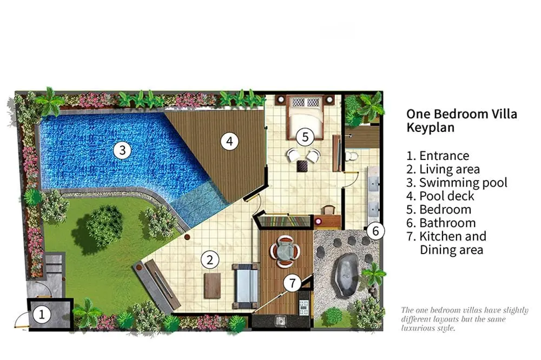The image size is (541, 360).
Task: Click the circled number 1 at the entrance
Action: pos(42,315)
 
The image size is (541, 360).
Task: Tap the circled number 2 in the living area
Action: pos(210,259)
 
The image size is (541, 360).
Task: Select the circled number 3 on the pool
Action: pos(122,150)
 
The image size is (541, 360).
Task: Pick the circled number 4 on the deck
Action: pos(229,141)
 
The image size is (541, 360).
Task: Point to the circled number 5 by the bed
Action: pos(305,137)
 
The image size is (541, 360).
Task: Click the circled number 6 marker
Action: pos(375,231)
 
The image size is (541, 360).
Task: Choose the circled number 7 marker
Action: pos(292,283)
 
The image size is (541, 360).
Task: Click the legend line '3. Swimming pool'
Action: pos(457,182)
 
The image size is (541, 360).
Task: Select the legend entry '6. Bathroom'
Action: pos(441,223)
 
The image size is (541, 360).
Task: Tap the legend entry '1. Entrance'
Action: pos(438,156)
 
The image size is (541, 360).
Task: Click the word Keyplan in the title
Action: pos(430,127)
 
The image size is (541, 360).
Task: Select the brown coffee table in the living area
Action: pos(212,285)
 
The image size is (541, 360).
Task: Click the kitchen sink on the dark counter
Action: pos(281,321)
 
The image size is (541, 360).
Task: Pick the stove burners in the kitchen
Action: pos(304,308)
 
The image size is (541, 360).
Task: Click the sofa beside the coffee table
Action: pos(245,286)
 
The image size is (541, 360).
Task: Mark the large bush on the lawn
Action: pos(103,225)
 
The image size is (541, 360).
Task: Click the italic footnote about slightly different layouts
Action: pos(464,319)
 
